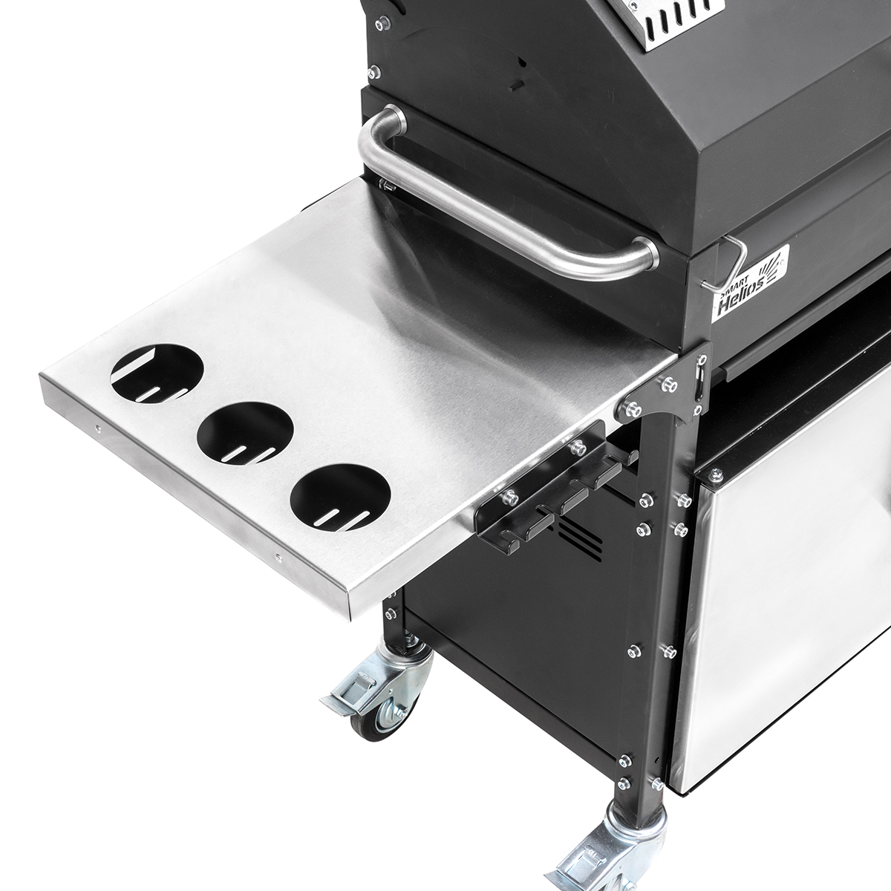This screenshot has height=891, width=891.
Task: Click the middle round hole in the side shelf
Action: click(245, 432)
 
